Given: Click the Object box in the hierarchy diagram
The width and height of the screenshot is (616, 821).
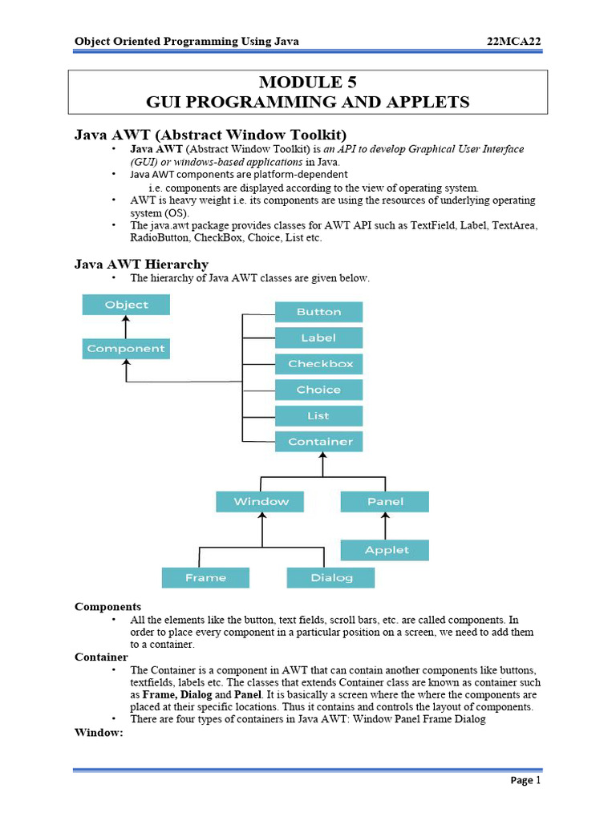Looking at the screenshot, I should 126,305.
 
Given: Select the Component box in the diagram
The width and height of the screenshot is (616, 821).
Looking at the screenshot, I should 126,349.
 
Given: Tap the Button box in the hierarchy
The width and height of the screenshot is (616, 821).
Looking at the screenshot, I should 318,312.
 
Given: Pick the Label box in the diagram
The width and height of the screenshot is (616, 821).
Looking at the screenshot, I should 318,338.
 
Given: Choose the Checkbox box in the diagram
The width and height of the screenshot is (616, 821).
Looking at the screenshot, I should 318,364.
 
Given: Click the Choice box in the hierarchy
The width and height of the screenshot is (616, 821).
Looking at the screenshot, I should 318,390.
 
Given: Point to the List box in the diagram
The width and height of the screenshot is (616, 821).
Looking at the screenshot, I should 318,416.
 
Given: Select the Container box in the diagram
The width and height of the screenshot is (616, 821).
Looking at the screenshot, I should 318,442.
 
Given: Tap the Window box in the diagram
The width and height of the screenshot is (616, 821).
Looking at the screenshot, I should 261,502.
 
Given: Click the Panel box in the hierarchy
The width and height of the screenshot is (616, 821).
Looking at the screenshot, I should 385,502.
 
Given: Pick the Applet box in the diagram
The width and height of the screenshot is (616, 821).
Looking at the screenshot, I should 385,550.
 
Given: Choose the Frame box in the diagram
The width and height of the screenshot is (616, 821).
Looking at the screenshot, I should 205,577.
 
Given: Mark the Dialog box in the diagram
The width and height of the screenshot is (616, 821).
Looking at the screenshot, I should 330,577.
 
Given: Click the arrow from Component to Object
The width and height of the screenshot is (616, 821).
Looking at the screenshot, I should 126,326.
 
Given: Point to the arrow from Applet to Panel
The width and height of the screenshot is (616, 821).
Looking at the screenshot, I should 385,526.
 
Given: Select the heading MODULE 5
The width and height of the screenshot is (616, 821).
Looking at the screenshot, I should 308,82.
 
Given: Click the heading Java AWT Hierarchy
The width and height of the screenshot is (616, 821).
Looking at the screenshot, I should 141,264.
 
